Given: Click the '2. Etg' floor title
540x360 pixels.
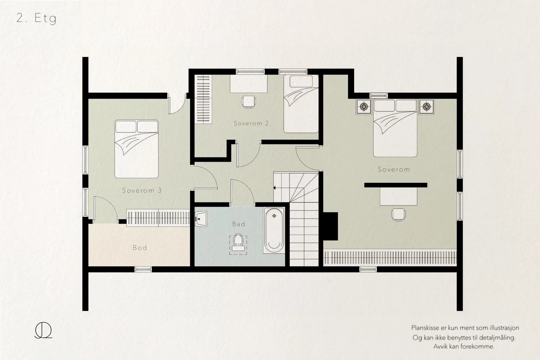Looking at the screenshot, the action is coord(36,18).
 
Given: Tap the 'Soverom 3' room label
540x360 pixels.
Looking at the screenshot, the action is coord(142,190).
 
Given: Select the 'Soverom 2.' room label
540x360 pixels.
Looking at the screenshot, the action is coord(252,123).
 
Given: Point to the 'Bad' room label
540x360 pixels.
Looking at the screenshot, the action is coord(239,224).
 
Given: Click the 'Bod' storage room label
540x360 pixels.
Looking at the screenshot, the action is coord(140,248).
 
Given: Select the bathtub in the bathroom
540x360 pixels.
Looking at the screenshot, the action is coord(274,230).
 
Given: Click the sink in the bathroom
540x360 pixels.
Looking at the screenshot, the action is coord(201,219).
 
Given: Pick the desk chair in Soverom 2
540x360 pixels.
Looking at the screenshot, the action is coord(248,102).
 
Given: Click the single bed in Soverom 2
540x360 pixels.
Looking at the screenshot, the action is coord(301,104).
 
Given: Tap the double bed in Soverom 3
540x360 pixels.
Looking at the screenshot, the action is coord(136,149).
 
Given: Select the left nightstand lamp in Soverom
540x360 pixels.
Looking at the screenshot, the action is coord(364,106).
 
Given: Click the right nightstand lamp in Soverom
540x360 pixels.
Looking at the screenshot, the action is coord(427,106).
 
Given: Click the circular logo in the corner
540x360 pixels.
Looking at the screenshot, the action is coord(44,330).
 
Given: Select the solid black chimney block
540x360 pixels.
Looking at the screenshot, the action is coord(330,226).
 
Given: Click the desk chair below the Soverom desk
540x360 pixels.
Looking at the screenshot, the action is coord(399,215).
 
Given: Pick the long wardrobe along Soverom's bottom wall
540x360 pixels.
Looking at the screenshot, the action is coord(390,257).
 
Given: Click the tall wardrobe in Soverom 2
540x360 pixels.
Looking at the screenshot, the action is coord(203,99).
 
